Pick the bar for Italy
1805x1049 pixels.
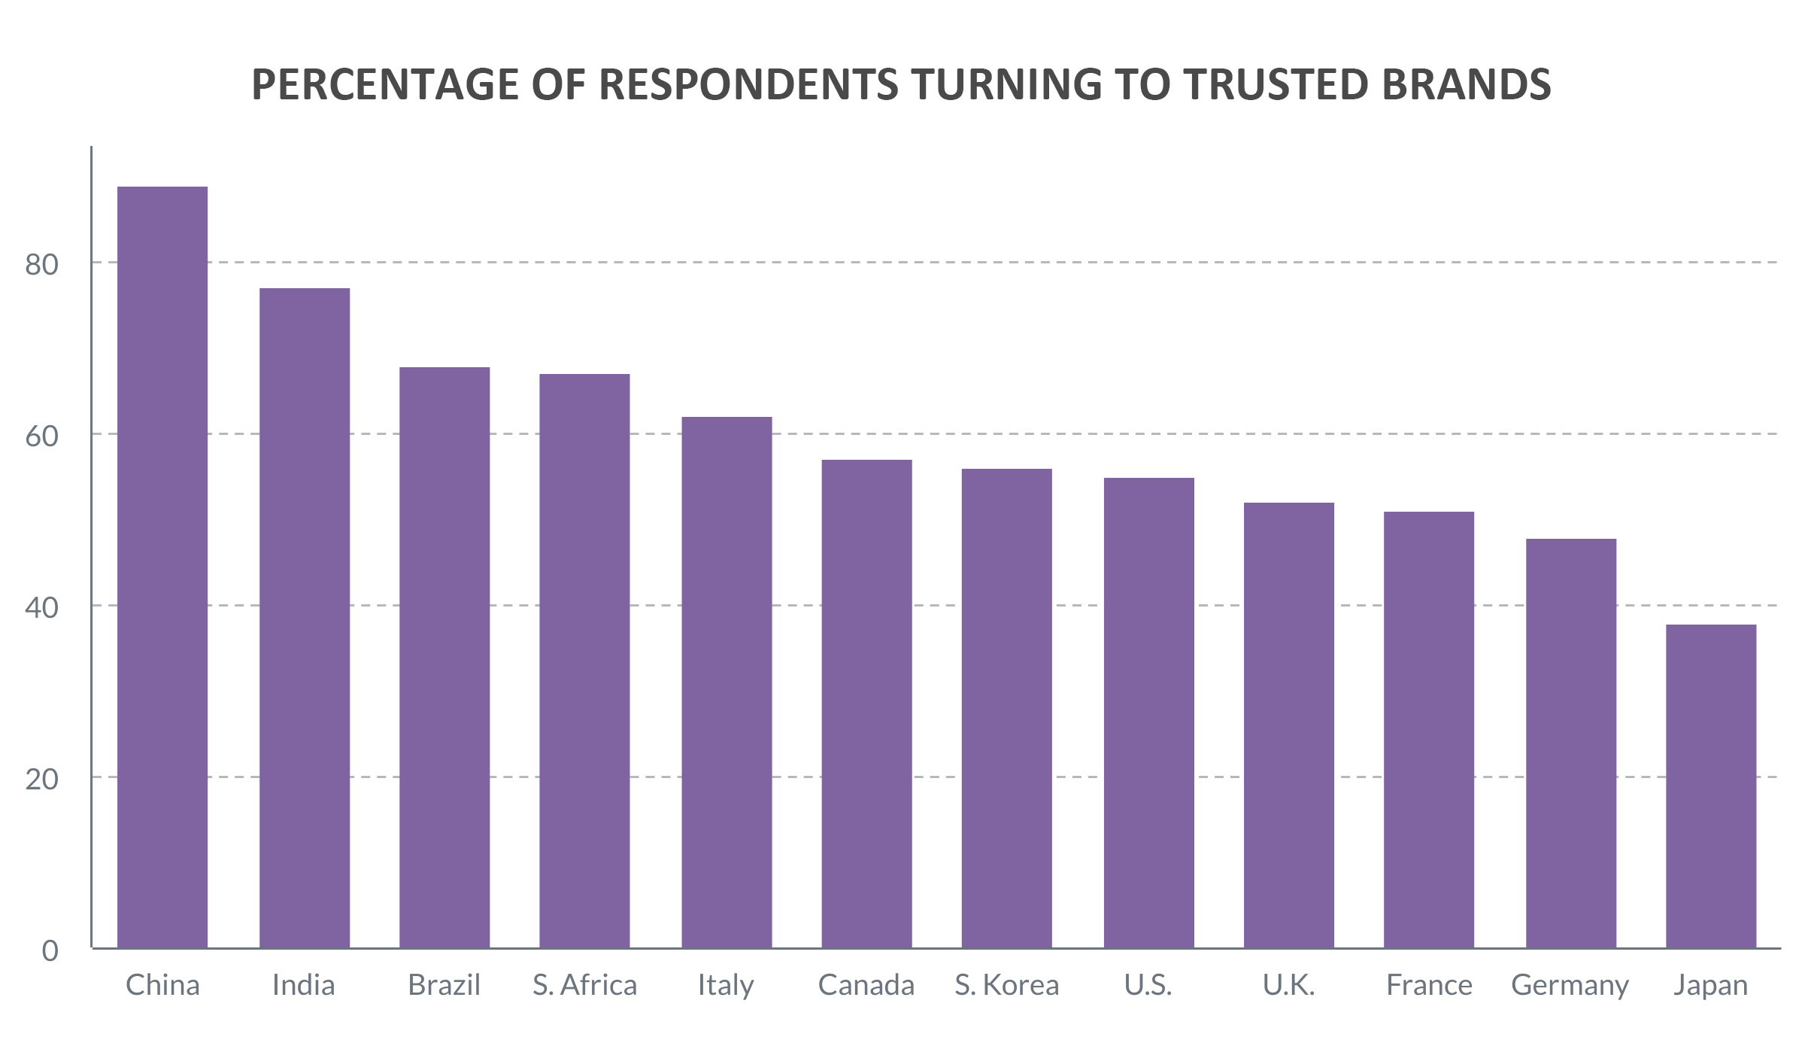point(727,682)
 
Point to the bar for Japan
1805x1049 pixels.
point(1711,786)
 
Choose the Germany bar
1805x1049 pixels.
point(1571,743)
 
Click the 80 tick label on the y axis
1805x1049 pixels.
point(41,264)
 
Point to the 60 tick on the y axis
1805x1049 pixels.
point(41,436)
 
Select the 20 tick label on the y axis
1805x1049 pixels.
point(41,779)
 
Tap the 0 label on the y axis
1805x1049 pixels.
point(50,950)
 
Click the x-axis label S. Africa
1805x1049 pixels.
point(584,985)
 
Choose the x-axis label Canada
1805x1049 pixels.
point(866,985)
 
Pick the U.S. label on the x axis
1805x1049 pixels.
point(1148,985)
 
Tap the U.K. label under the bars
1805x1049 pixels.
point(1289,985)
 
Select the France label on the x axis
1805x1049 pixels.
point(1429,985)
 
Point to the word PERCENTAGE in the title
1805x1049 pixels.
point(384,84)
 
